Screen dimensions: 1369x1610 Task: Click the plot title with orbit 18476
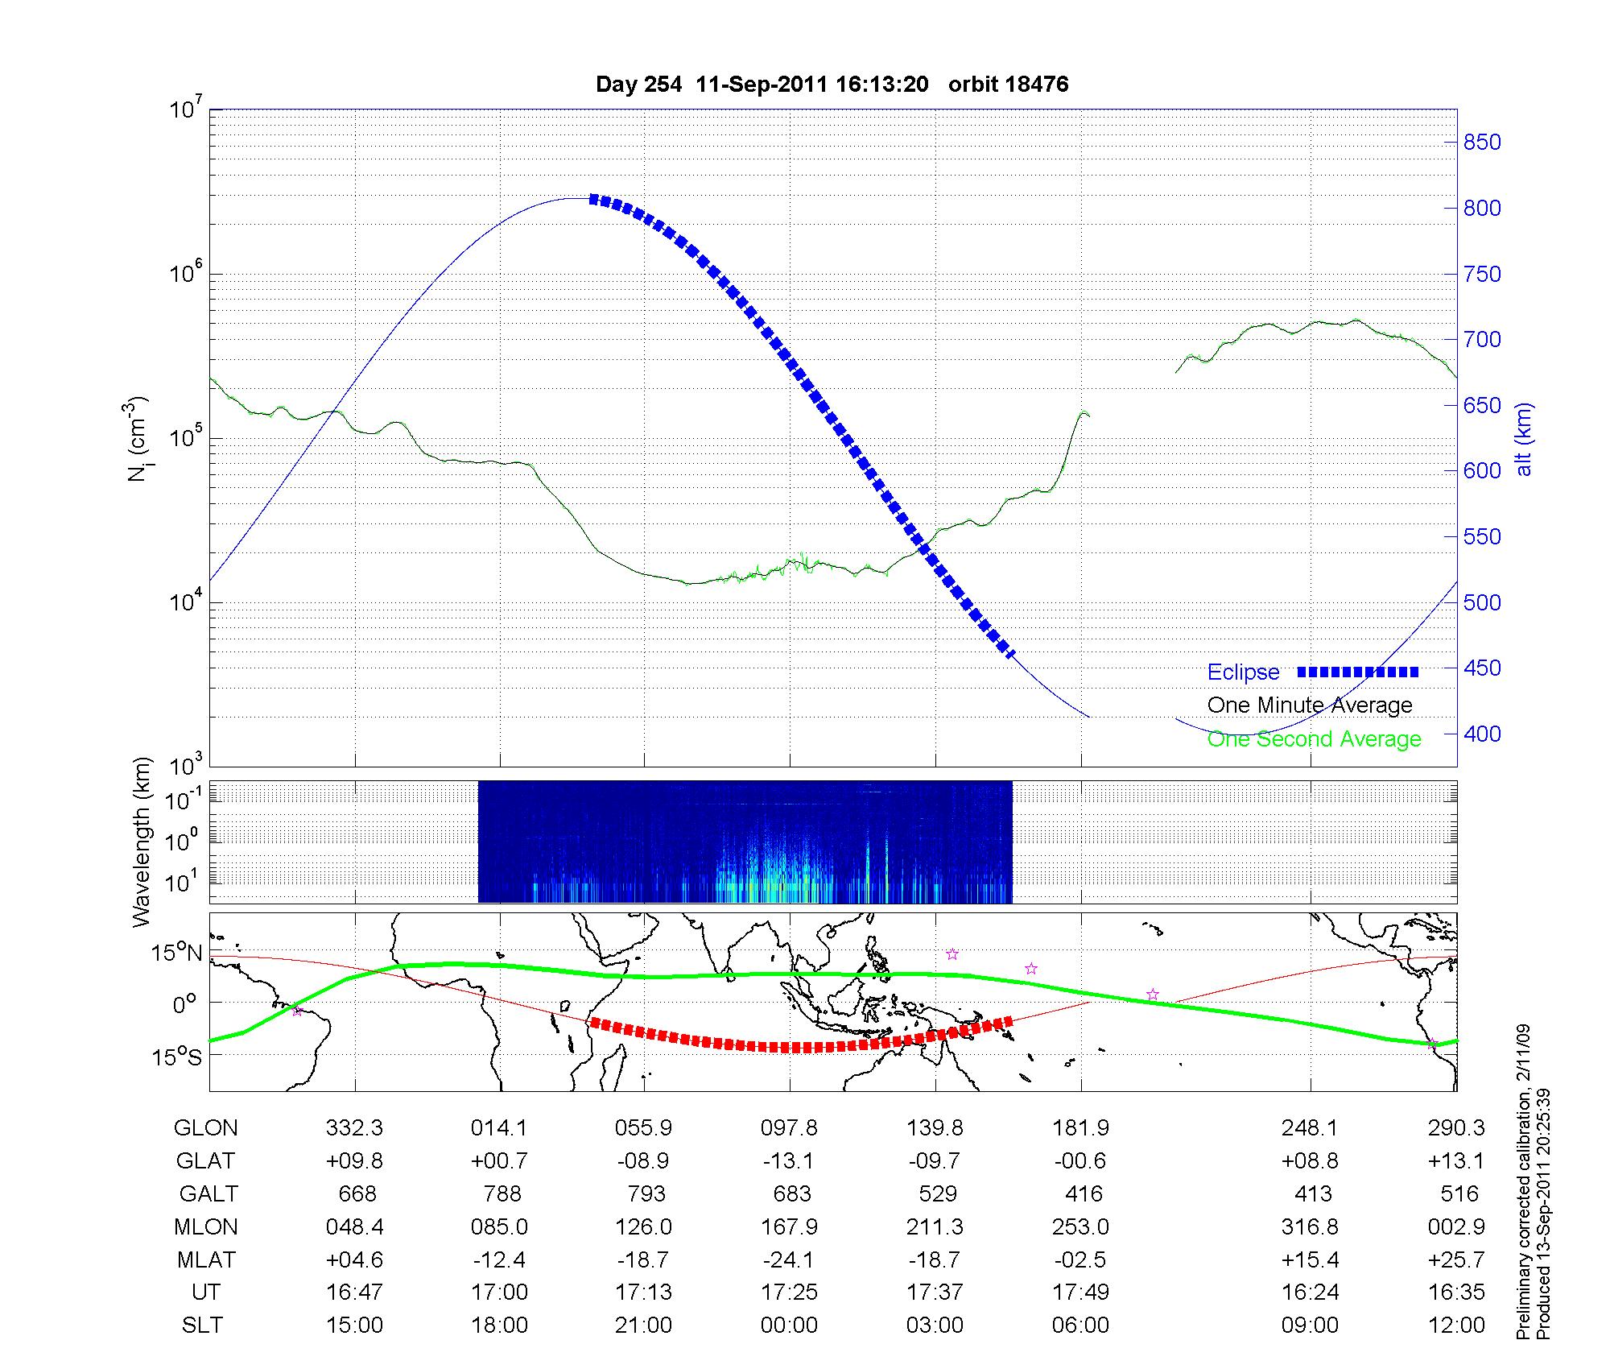pyautogui.click(x=832, y=85)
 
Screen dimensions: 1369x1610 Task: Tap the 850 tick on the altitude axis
pyautogui.click(x=1481, y=143)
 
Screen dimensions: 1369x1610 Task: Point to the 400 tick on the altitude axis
pyautogui.click(x=1481, y=734)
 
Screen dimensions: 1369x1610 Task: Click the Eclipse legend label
pyautogui.click(x=1243, y=672)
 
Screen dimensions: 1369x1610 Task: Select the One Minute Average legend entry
pyautogui.click(x=1310, y=705)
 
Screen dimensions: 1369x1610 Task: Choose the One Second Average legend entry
pyautogui.click(x=1314, y=739)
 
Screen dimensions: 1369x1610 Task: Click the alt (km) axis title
pyautogui.click(x=1524, y=440)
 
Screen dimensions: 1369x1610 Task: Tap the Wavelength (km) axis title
pyautogui.click(x=142, y=842)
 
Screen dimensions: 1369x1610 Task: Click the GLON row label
pyautogui.click(x=205, y=1128)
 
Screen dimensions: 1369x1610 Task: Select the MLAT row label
pyautogui.click(x=205, y=1259)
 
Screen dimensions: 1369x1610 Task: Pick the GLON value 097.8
pyautogui.click(x=789, y=1128)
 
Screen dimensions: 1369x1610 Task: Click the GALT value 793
pyautogui.click(x=646, y=1193)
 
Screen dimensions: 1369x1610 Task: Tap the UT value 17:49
pyautogui.click(x=1080, y=1292)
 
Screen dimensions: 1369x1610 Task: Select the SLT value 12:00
pyautogui.click(x=1456, y=1326)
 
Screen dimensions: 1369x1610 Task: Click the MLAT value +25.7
pyautogui.click(x=1456, y=1259)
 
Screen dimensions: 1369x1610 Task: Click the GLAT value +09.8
pyautogui.click(x=354, y=1160)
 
